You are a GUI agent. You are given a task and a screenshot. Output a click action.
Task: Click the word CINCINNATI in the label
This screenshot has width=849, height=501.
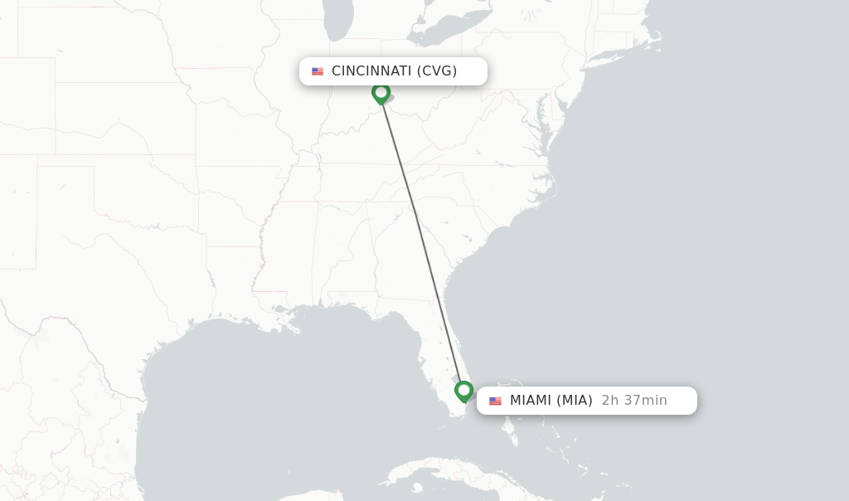pos(371,71)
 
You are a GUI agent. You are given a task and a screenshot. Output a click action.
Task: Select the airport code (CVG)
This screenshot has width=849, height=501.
pos(437,71)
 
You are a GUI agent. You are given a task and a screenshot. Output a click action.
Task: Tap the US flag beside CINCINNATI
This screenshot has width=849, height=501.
pos(318,71)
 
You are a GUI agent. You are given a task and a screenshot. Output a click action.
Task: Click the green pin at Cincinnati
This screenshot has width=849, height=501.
pos(381,92)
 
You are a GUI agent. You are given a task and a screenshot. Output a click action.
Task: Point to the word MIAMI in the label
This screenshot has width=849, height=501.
pos(531,401)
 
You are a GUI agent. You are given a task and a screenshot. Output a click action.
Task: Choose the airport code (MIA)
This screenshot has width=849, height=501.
pos(575,401)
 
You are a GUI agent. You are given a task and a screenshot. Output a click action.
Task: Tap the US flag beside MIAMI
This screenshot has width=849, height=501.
pos(495,401)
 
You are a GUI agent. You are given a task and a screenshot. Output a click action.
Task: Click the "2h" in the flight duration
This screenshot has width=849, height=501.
pos(610,401)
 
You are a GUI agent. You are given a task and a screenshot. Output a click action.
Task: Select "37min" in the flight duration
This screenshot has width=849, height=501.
pos(645,401)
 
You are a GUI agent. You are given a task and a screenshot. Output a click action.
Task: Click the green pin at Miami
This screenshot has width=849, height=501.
pos(463,390)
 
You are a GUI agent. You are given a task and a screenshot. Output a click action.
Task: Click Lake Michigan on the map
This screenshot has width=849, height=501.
pos(338,21)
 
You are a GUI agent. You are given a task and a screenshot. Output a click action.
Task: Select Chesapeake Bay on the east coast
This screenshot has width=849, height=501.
pos(543,116)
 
